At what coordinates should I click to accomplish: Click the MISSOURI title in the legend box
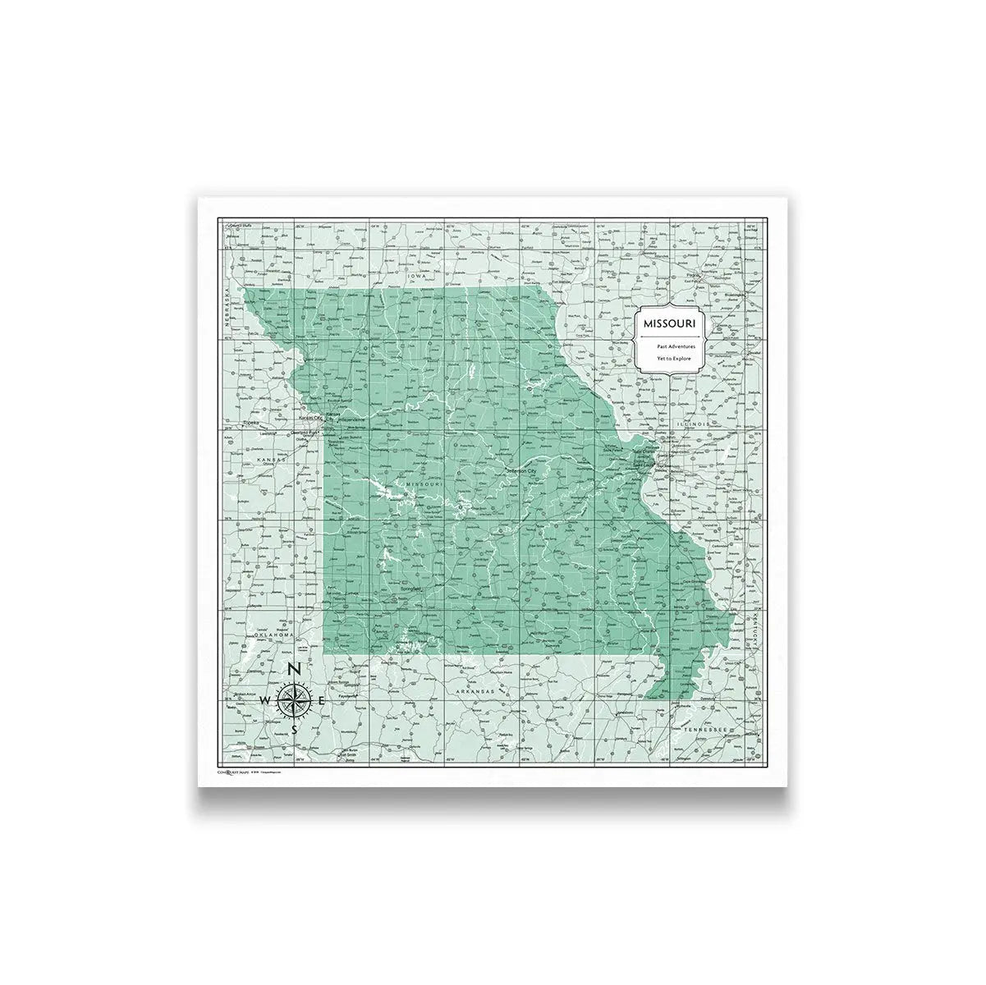point(669,323)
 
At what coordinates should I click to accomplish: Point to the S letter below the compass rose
point(294,728)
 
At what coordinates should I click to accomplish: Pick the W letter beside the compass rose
point(265,700)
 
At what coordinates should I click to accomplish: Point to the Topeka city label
point(251,424)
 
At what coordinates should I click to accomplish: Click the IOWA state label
point(421,277)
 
